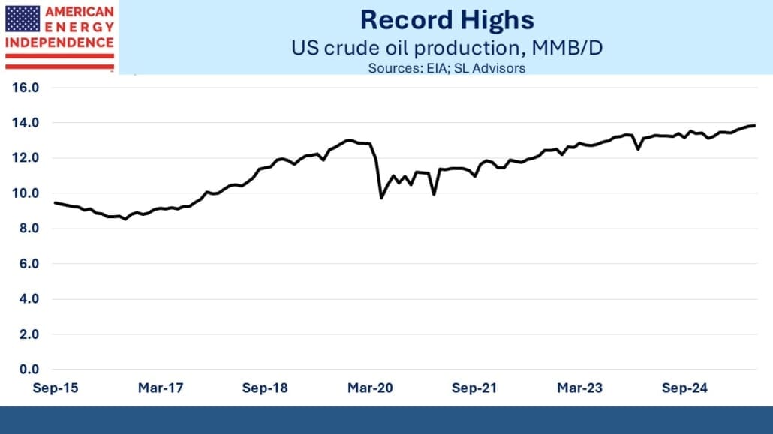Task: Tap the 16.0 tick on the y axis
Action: [26, 88]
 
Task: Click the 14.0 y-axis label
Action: [26, 123]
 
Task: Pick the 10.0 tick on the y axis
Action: [26, 193]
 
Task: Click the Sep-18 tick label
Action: [265, 388]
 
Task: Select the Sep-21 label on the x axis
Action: [474, 388]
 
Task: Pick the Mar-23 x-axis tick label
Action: [579, 388]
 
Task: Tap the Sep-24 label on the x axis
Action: [684, 388]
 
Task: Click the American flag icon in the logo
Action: [23, 19]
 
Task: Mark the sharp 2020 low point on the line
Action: [381, 198]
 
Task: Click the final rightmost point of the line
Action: [754, 125]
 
